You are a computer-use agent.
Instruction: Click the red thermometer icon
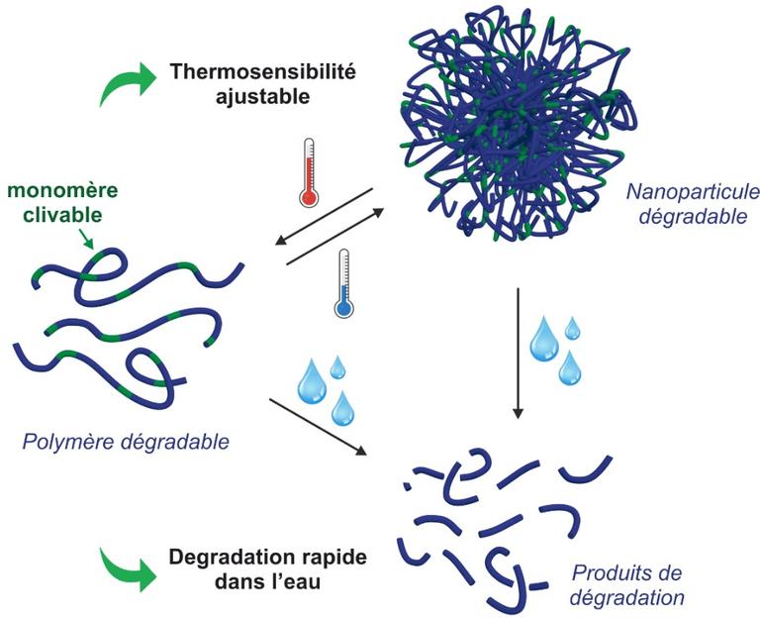308,172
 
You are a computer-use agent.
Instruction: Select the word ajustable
254,97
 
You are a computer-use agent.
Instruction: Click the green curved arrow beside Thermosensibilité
123,83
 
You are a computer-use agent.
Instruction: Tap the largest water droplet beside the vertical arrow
544,339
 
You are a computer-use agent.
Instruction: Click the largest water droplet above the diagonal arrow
312,380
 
